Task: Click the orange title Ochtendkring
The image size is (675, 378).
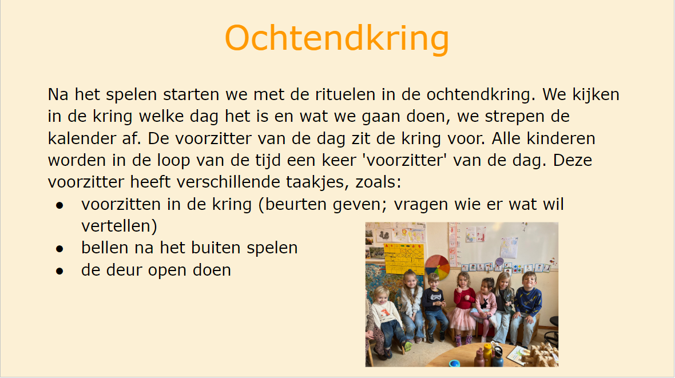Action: pos(337,39)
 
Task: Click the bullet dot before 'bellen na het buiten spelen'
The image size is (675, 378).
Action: pos(59,249)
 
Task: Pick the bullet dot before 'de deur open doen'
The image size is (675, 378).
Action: pos(59,271)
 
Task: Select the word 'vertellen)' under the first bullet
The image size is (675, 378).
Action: pos(119,226)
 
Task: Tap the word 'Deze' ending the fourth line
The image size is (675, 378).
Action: pos(573,160)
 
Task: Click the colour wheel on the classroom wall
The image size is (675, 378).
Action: pos(437,267)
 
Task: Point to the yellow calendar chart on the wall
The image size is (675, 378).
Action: pos(404,258)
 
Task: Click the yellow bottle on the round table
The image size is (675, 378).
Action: pos(487,354)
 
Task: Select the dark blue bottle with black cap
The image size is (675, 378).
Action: pos(498,357)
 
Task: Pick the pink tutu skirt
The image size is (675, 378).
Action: pos(462,318)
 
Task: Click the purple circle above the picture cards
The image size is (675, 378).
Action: pos(499,261)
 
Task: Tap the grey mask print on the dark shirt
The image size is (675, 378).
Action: pos(436,297)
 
